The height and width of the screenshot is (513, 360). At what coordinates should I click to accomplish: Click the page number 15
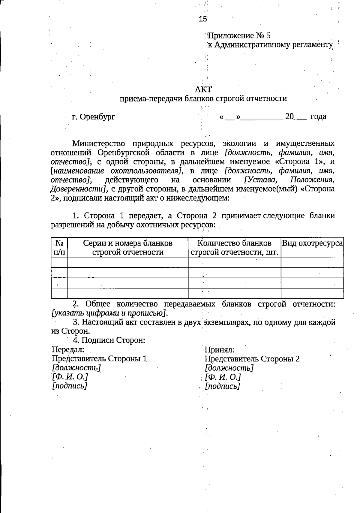pyautogui.click(x=203, y=19)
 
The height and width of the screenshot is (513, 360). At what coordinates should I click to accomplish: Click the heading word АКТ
pyautogui.click(x=203, y=89)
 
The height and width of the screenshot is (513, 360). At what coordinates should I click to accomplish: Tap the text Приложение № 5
pyautogui.click(x=239, y=36)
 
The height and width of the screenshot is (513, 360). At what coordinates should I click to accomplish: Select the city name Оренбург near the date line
pyautogui.click(x=98, y=117)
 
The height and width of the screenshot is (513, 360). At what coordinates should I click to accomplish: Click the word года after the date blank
pyautogui.click(x=318, y=116)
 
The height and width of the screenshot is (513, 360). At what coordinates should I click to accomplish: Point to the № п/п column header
pyautogui.click(x=59, y=247)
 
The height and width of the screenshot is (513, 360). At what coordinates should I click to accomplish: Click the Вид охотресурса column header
pyautogui.click(x=312, y=243)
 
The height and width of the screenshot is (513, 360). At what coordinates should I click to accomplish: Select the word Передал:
pyautogui.click(x=68, y=350)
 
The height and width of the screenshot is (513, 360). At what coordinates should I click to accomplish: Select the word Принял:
pyautogui.click(x=219, y=350)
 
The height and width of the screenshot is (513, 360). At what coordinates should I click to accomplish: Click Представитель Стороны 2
pyautogui.click(x=252, y=359)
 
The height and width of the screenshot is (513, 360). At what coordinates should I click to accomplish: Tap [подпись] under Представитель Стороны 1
pyautogui.click(x=70, y=386)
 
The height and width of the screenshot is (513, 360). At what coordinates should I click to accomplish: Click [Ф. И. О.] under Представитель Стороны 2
pyautogui.click(x=223, y=377)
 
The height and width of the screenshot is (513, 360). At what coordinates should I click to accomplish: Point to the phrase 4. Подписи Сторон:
pyautogui.click(x=109, y=340)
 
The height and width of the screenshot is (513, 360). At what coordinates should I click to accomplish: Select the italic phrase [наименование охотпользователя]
pyautogui.click(x=117, y=171)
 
